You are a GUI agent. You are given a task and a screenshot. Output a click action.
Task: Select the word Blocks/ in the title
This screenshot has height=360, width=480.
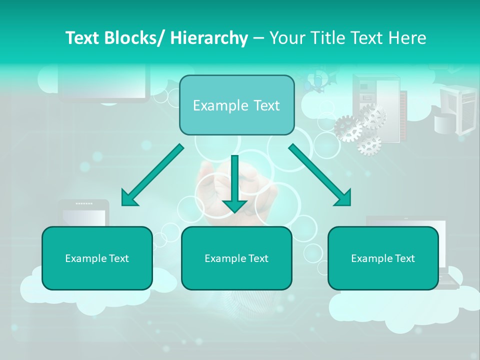pyautogui.click(x=137, y=38)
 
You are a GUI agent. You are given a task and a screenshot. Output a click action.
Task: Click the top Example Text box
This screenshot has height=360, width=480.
pyautogui.click(x=236, y=105)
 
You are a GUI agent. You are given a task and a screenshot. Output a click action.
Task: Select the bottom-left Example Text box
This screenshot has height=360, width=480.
pyautogui.click(x=97, y=258)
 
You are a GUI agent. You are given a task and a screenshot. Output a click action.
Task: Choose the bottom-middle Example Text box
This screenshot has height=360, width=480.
pyautogui.click(x=236, y=258)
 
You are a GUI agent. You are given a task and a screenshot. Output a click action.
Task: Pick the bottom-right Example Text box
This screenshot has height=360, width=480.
pyautogui.click(x=383, y=258)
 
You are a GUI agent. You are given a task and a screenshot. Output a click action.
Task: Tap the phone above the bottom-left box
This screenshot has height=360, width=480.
pyautogui.click(x=83, y=212)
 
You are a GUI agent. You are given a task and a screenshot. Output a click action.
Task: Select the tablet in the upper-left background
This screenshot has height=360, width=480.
pyautogui.click(x=104, y=82)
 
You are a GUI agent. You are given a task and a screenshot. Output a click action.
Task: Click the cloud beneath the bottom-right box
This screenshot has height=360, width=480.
pyautogui.click(x=400, y=307)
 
